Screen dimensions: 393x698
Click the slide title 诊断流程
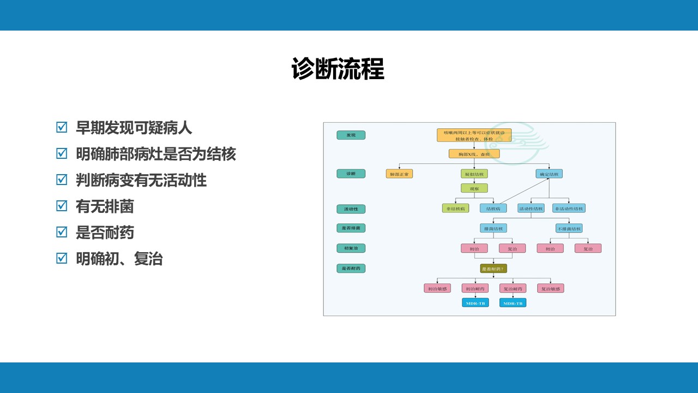[x=338, y=69]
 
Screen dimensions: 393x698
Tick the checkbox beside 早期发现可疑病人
[x=62, y=128]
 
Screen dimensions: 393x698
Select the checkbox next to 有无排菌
[x=62, y=206]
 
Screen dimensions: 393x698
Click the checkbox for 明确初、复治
[x=62, y=258]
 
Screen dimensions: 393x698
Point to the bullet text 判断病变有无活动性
[x=141, y=180]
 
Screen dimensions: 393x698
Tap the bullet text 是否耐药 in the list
[x=105, y=233]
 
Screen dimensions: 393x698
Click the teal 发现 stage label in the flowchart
[x=351, y=135]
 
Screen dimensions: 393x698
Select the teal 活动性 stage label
[x=351, y=209]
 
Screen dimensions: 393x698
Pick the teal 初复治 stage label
[x=351, y=248]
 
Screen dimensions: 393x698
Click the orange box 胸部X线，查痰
[x=474, y=154]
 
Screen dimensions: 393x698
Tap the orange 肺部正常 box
[x=399, y=174]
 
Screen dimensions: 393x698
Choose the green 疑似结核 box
[x=474, y=174]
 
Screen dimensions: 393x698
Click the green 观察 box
[x=474, y=188]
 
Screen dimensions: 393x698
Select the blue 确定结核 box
[x=549, y=174]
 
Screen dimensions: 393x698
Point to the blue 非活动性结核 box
[x=569, y=208]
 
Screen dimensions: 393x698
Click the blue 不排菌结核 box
[x=569, y=228]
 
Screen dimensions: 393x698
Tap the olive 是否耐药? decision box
[x=493, y=269]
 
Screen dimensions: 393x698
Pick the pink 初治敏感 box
[x=437, y=288]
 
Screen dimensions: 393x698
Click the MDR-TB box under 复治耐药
[x=513, y=302]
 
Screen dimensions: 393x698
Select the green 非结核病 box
[x=455, y=208]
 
